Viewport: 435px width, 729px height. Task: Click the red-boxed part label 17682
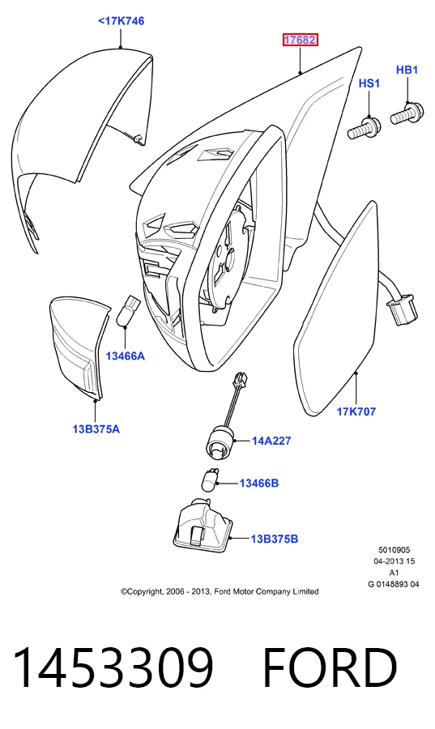tap(301, 40)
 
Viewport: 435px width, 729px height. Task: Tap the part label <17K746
tap(121, 21)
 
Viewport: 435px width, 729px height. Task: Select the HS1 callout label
tap(369, 83)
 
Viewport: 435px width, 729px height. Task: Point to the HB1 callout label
tap(407, 70)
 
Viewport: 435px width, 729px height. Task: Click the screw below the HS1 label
tap(365, 127)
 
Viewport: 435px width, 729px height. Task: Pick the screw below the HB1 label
tap(406, 113)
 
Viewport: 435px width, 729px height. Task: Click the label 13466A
tap(125, 356)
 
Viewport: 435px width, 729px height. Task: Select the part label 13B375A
tap(96, 428)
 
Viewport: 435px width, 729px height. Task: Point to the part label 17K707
tap(356, 411)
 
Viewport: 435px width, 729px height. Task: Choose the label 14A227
tap(271, 441)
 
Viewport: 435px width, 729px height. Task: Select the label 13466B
tap(259, 484)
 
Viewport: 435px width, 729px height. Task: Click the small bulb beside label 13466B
tap(209, 480)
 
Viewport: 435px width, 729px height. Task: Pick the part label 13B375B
tap(274, 539)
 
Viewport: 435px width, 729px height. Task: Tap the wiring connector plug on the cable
tap(402, 311)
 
